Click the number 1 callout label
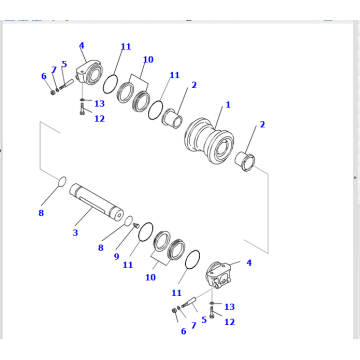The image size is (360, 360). (228, 104)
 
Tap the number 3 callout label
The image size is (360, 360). (74, 233)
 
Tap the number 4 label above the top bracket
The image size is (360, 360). (82, 44)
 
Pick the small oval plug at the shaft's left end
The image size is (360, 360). (58, 183)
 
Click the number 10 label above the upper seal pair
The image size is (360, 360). (148, 60)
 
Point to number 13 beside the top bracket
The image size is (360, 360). (100, 103)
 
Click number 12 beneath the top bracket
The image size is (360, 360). (99, 119)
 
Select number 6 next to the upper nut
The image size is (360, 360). (43, 76)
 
